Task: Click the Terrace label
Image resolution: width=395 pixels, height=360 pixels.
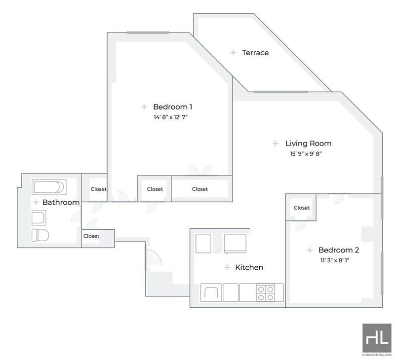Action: tap(255, 53)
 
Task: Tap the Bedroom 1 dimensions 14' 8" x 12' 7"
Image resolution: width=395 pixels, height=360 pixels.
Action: tap(171, 117)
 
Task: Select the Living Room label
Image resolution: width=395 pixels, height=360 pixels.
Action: tap(308, 144)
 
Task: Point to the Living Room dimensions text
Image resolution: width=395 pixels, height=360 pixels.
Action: tap(306, 154)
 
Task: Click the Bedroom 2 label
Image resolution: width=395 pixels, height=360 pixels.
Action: tap(339, 250)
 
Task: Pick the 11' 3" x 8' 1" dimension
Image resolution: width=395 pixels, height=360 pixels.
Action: tap(335, 260)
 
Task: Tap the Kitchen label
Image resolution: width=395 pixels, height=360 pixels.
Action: tap(249, 267)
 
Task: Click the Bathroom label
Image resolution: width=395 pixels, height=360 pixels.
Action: tap(61, 202)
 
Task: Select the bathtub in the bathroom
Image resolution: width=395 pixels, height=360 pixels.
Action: tap(49, 187)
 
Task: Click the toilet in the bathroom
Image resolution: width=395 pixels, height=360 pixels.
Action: tap(40, 235)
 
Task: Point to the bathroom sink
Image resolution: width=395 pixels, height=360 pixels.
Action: tap(39, 218)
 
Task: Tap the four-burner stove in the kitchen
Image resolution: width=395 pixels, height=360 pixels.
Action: tap(266, 293)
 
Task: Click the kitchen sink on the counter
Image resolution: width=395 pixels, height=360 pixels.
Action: tap(211, 292)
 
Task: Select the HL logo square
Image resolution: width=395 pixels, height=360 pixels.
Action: tap(377, 338)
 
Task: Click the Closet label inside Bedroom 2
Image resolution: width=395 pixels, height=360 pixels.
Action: tap(302, 208)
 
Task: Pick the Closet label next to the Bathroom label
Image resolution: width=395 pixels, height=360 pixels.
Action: tap(98, 189)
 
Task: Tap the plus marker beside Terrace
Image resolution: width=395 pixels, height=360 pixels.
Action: tap(233, 53)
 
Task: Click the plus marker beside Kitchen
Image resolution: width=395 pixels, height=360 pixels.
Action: tap(227, 267)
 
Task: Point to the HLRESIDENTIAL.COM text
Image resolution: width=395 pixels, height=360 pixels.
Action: tap(377, 355)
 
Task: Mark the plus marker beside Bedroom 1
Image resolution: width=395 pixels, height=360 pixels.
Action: tap(144, 107)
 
